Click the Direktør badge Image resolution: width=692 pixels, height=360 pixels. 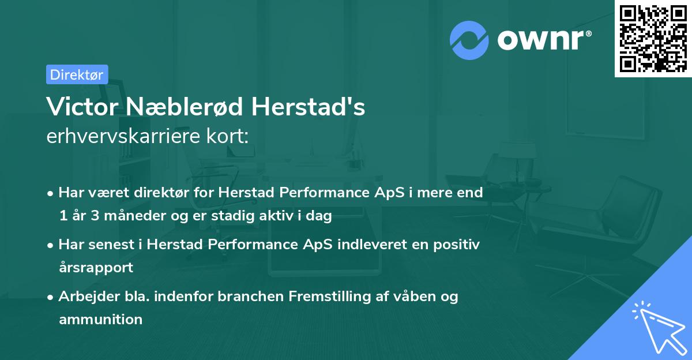(x=77, y=74)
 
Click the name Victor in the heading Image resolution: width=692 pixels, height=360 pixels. (x=80, y=107)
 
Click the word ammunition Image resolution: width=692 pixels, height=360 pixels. (x=100, y=319)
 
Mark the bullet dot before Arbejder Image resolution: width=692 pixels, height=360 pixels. (x=51, y=297)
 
